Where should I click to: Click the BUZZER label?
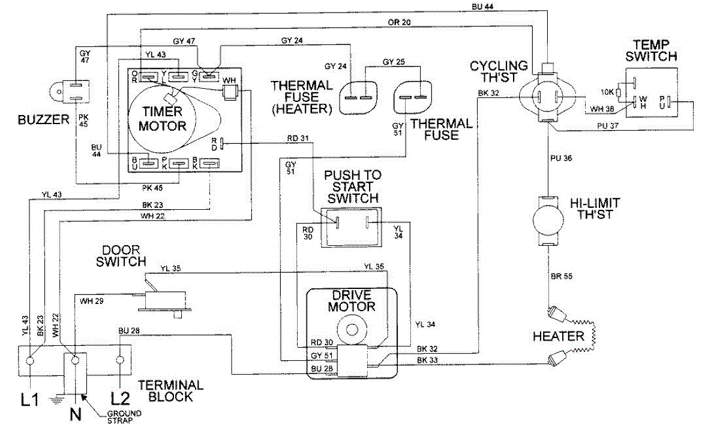click(43, 120)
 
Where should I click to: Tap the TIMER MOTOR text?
click(163, 119)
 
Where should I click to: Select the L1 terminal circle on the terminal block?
click(30, 360)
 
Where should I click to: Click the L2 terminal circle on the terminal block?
click(120, 360)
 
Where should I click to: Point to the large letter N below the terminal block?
click(76, 414)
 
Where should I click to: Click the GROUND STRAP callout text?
click(124, 417)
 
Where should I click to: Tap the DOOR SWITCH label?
click(121, 256)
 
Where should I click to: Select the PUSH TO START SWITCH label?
click(353, 186)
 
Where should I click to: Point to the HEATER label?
click(559, 336)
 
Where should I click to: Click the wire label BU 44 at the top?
click(482, 7)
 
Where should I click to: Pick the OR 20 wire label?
click(399, 22)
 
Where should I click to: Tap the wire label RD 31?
click(298, 138)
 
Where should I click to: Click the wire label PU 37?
click(608, 126)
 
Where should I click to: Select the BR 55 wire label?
click(562, 276)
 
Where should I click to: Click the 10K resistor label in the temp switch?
click(607, 92)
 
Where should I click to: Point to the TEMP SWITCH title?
click(651, 50)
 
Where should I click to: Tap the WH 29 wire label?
click(92, 301)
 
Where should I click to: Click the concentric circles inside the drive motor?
click(352, 330)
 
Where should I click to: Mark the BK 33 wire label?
click(427, 360)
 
